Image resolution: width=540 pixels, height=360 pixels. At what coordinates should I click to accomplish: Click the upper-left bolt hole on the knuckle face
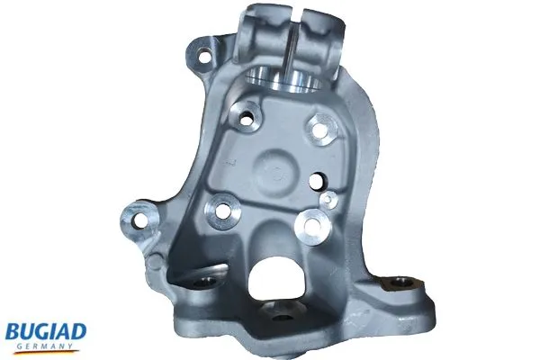243,116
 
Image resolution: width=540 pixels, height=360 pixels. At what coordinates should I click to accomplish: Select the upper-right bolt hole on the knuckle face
320,127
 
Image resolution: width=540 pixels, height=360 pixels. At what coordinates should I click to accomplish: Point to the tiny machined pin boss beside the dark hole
330,197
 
